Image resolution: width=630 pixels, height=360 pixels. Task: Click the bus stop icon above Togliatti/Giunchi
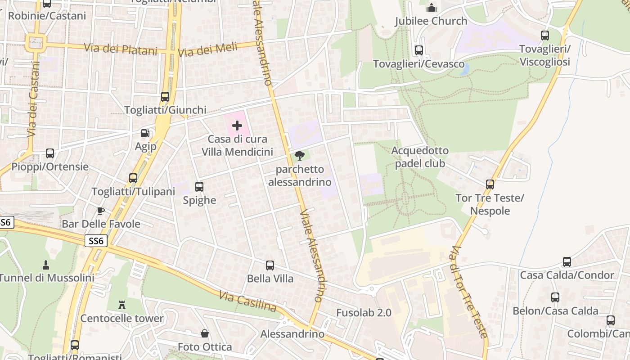coord(165,96)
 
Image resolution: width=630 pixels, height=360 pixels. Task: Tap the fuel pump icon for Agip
coord(145,133)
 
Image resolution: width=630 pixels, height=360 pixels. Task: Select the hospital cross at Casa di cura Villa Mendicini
coord(237,126)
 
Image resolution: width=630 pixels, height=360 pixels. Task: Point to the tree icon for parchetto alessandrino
coord(300,156)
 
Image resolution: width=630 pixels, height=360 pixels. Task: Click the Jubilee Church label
coord(431,21)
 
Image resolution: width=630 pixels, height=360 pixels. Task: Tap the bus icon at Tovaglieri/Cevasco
coord(419,50)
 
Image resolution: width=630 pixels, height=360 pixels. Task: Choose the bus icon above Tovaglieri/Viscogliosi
coord(545,35)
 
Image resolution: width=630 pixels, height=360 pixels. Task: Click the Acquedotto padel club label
coord(420,157)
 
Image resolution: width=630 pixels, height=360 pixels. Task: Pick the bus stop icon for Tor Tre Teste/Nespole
coord(490,184)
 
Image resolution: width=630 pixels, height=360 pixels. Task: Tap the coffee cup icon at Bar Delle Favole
coord(101,211)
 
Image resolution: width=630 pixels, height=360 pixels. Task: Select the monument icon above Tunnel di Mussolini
coord(45,264)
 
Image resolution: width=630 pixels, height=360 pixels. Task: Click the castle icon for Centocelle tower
coord(121,305)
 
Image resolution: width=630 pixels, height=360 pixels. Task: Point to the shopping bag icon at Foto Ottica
coord(205,333)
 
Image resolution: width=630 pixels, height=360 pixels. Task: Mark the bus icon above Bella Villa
coord(270,265)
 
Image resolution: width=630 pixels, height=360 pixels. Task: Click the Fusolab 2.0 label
coord(364,313)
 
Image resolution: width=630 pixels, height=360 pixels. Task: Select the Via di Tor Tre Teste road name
coord(469,292)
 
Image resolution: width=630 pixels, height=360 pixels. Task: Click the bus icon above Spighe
coord(199,186)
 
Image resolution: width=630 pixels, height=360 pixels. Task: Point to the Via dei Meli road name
coord(207,50)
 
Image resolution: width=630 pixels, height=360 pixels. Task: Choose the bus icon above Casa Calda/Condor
coord(567,261)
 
